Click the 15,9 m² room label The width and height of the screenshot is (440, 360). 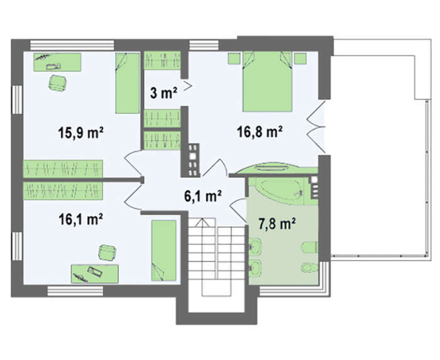81,133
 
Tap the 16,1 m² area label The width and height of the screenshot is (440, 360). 81,219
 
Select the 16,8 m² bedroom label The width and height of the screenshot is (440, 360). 260,131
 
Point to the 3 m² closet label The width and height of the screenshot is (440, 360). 163,92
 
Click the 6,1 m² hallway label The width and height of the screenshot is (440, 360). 203,195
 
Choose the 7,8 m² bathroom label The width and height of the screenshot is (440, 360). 277,224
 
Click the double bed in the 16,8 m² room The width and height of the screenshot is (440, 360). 267,81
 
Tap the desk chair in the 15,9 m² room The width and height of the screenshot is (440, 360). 58,83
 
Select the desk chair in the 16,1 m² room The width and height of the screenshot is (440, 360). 107,252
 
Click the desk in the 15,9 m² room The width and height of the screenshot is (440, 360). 58,62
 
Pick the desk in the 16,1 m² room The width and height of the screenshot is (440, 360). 95,274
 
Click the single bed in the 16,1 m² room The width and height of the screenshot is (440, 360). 164,251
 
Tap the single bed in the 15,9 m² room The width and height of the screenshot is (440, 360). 128,84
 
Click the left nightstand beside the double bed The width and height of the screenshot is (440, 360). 234,58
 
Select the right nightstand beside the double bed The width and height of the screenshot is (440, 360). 300,58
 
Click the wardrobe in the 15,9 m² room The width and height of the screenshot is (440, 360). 63,168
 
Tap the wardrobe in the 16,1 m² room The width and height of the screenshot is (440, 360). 63,191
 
